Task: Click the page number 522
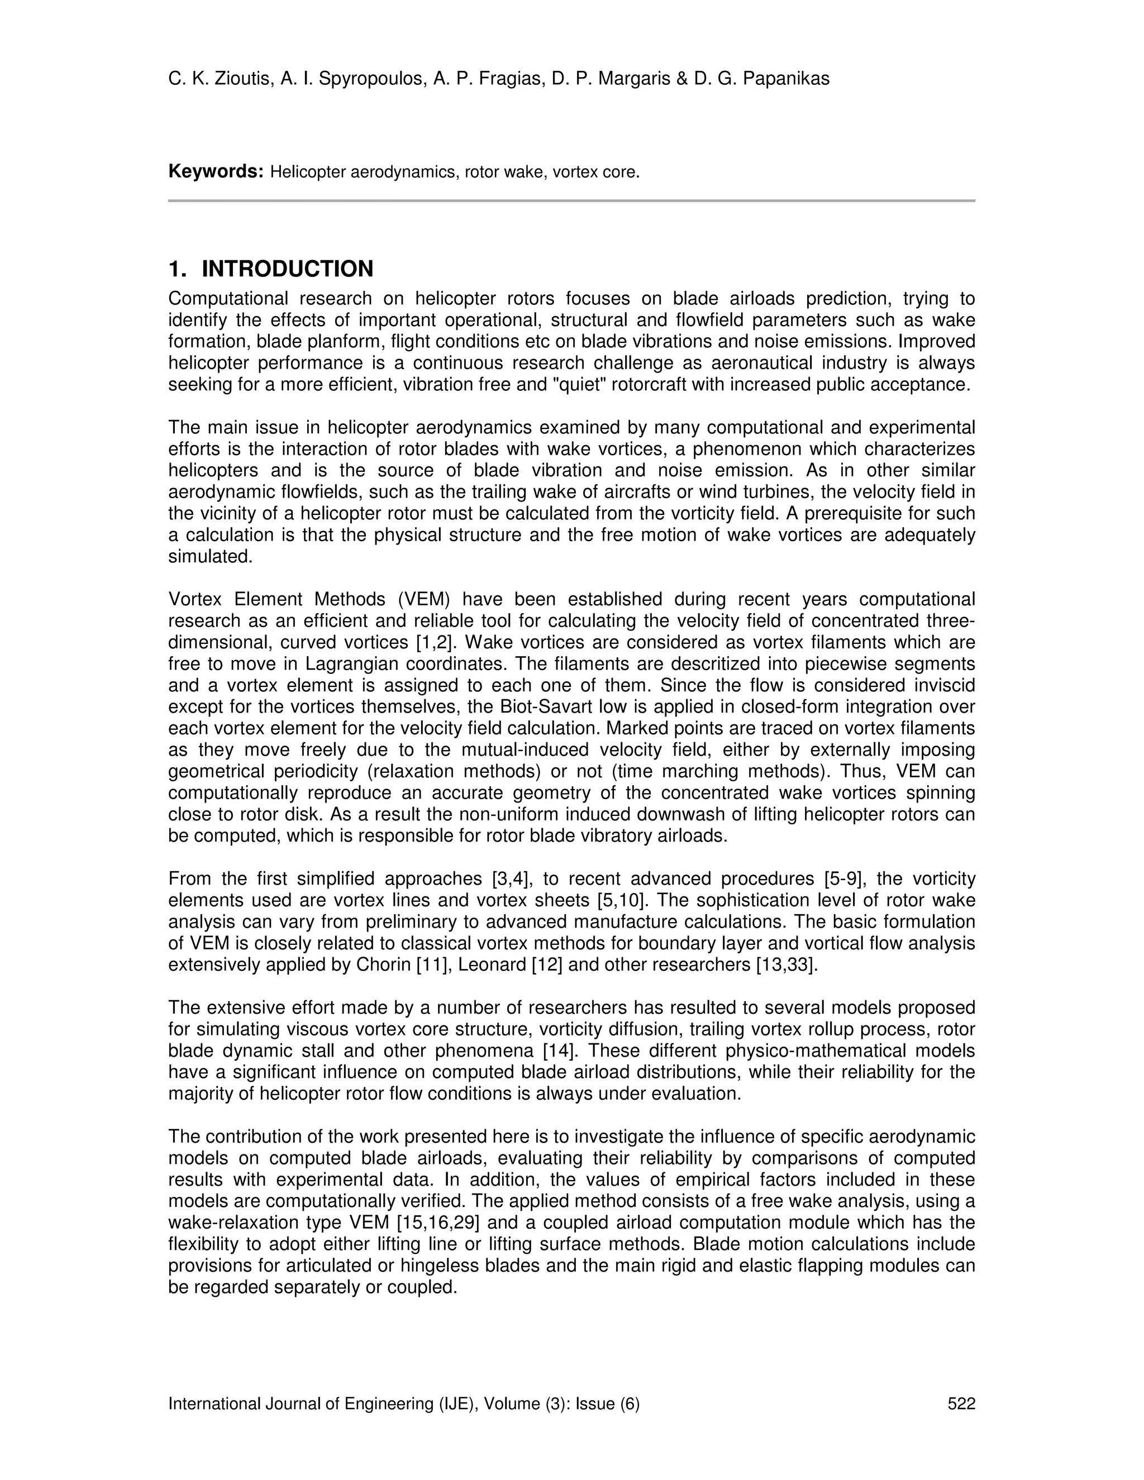[x=961, y=1404]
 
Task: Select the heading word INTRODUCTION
[x=287, y=269]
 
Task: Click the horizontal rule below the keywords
[x=571, y=201]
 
